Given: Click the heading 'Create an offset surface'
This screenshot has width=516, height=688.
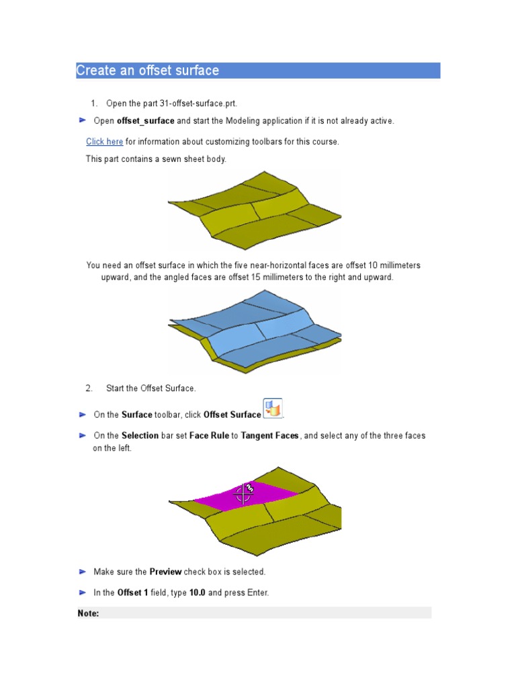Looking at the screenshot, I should (148, 71).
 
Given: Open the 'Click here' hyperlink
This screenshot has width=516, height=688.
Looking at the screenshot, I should (104, 142).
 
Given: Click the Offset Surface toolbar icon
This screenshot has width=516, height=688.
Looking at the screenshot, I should (273, 408).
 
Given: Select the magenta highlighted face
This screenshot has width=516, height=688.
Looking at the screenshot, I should (269, 493).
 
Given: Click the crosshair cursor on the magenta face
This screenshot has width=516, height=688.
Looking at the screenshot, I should (243, 496).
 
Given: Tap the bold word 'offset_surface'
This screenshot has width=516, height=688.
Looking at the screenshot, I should (146, 121).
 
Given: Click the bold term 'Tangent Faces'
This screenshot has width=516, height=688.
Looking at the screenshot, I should (269, 435).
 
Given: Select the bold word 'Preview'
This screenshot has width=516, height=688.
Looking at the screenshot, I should (165, 572).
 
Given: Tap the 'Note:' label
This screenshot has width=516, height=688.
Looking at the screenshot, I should (89, 613).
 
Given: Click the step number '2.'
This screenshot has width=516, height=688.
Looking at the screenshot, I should (89, 388).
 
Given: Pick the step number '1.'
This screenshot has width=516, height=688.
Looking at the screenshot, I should (94, 103).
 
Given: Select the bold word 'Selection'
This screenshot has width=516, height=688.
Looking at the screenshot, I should (140, 435).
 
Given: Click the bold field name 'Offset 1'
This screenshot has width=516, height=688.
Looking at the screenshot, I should (132, 593).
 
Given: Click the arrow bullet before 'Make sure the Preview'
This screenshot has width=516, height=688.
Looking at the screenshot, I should (82, 572).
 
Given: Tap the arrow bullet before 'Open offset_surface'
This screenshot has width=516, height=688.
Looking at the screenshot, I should (82, 120).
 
